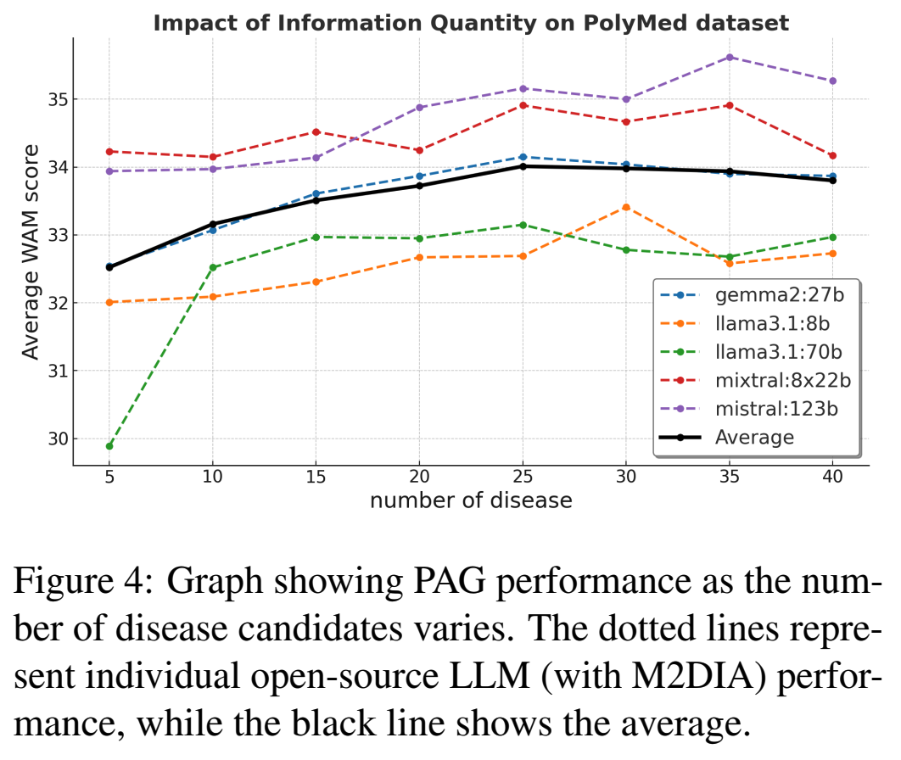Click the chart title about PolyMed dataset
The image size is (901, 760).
click(471, 23)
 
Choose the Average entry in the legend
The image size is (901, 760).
click(754, 437)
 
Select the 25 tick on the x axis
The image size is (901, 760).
click(522, 476)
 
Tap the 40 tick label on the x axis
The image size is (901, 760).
click(832, 476)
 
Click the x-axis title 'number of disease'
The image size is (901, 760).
click(471, 500)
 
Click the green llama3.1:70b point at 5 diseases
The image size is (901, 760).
click(109, 446)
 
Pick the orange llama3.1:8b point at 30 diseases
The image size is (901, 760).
click(626, 207)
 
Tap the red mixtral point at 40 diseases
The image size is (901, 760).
click(832, 155)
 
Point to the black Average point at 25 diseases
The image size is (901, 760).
click(523, 166)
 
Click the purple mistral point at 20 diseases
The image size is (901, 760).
click(420, 108)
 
